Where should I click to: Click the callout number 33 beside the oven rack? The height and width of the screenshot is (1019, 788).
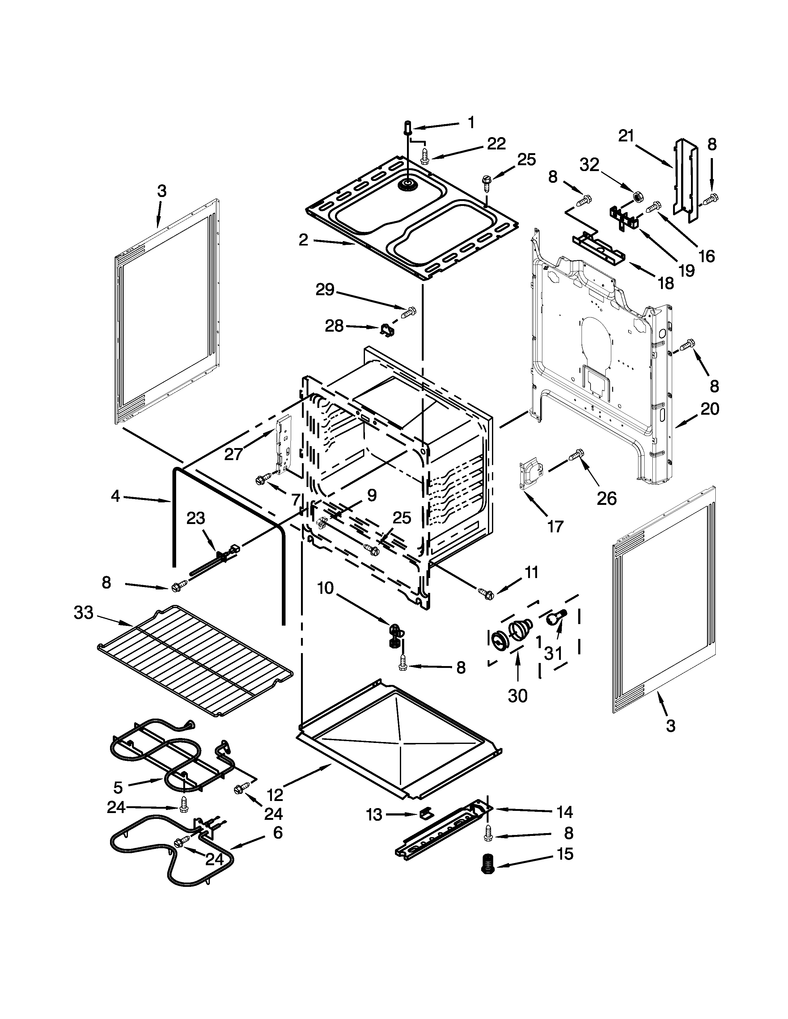(83, 613)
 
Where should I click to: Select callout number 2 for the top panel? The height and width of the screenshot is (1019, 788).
(303, 240)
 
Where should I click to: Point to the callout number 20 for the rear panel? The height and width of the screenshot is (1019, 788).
(710, 409)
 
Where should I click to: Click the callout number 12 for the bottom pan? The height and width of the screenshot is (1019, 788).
(275, 794)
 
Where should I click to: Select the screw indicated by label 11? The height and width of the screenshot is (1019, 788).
(486, 594)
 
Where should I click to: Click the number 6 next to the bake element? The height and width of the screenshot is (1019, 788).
(278, 832)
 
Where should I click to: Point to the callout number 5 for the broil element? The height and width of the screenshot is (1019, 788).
(118, 788)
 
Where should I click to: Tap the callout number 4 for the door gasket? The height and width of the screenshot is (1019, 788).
(116, 496)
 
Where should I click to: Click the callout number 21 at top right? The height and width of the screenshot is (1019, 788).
(626, 136)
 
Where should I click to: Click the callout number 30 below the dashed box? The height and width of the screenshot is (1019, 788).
(517, 709)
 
